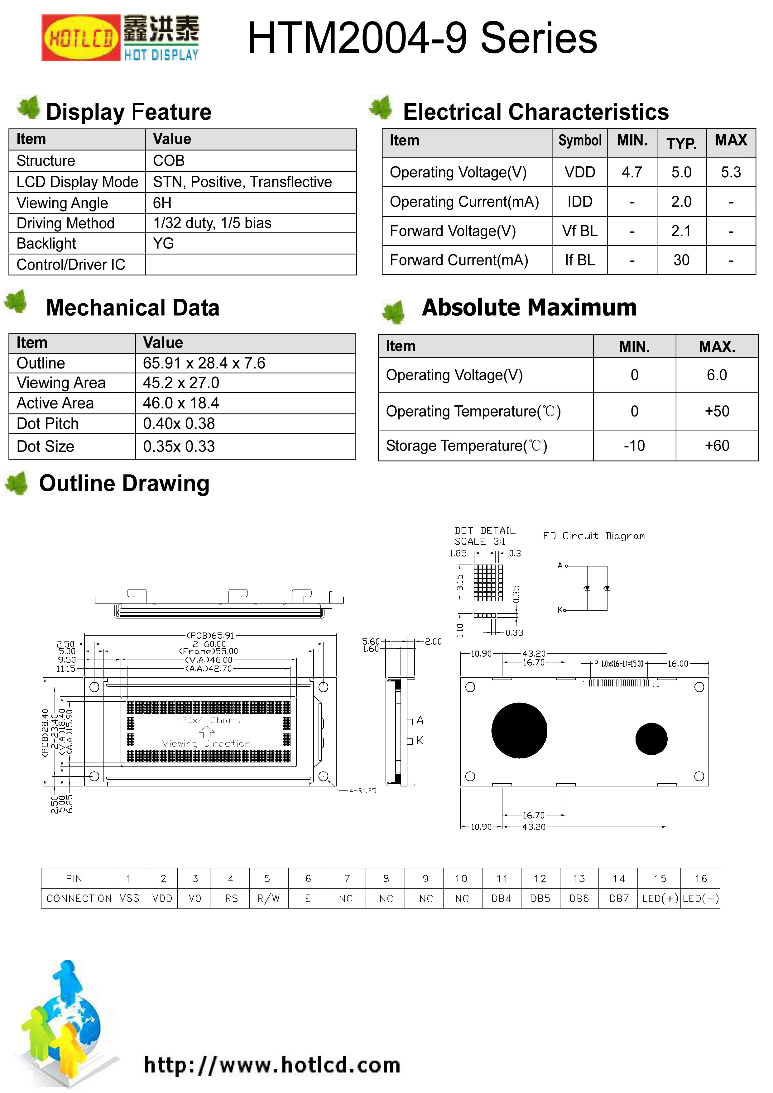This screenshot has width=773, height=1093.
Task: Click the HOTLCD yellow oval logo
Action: click(80, 38)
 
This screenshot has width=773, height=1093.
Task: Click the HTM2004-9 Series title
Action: click(422, 38)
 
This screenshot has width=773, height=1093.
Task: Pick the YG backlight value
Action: click(163, 244)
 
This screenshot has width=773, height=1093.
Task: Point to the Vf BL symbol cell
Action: click(580, 231)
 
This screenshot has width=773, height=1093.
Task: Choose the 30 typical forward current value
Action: click(681, 260)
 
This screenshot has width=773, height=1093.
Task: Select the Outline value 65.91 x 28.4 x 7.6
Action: click(204, 363)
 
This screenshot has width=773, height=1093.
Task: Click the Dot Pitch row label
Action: click(48, 424)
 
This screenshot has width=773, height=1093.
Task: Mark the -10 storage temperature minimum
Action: click(634, 446)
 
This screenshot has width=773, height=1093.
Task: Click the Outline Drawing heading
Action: click(124, 484)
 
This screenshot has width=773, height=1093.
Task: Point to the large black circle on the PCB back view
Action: click(519, 730)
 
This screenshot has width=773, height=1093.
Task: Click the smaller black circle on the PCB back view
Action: click(651, 739)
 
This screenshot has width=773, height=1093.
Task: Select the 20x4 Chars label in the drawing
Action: click(210, 720)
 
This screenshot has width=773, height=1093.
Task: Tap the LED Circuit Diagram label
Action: click(591, 536)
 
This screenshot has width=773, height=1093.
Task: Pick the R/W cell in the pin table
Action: click(269, 898)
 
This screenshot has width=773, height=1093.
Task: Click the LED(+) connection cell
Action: click(660, 898)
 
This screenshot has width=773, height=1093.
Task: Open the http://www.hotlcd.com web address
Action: click(272, 1065)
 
